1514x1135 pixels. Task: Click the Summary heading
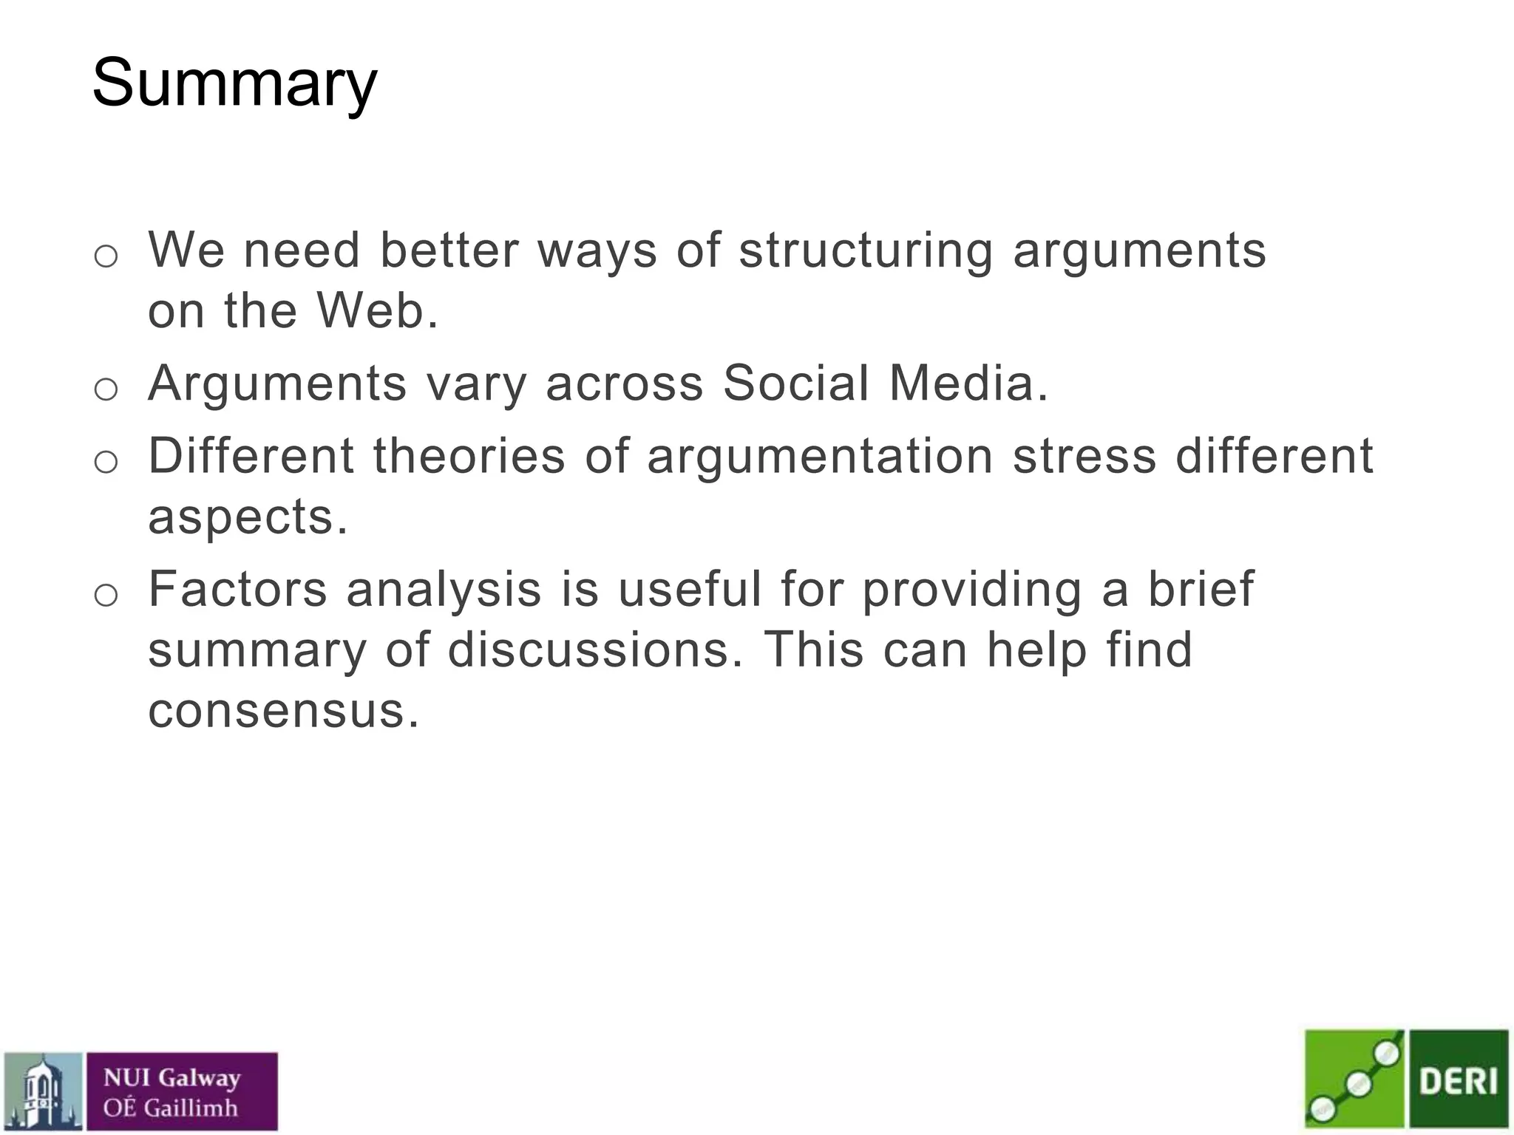pyautogui.click(x=234, y=84)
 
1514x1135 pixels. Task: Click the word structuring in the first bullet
pyautogui.click(x=866, y=250)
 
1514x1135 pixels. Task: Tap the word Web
pyautogui.click(x=377, y=310)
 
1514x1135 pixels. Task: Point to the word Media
pyautogui.click(x=968, y=384)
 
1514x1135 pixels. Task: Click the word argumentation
pyautogui.click(x=820, y=456)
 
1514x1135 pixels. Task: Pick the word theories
pyautogui.click(x=469, y=456)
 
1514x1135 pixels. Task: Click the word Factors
pyautogui.click(x=237, y=590)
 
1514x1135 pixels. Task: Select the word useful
pyautogui.click(x=689, y=590)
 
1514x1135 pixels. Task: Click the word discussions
pyautogui.click(x=595, y=650)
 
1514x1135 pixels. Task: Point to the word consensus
pyautogui.click(x=283, y=711)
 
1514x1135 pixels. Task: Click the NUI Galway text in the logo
pyautogui.click(x=172, y=1077)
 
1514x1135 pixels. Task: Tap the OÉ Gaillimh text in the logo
pyautogui.click(x=170, y=1108)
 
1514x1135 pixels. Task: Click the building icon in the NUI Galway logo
pyautogui.click(x=43, y=1091)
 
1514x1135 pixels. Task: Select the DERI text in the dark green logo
pyautogui.click(x=1458, y=1081)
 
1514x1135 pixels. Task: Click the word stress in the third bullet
pyautogui.click(x=1084, y=456)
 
